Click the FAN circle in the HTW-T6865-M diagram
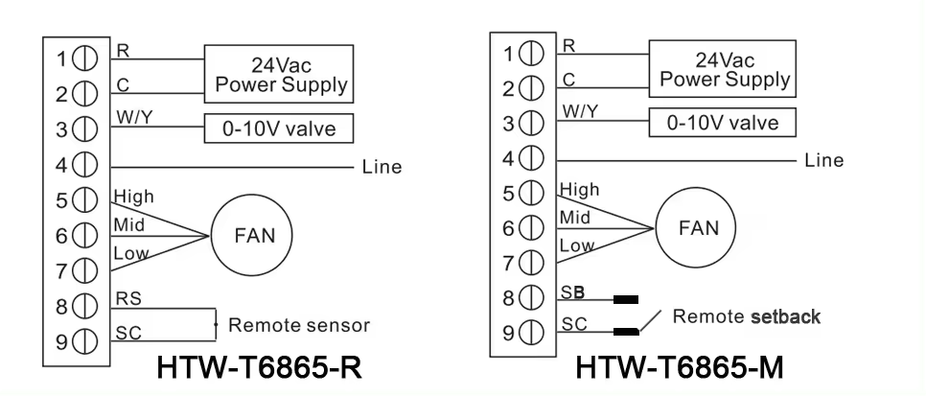tap(697, 229)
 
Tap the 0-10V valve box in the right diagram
tap(722, 122)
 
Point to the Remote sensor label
tap(298, 325)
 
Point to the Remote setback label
tap(746, 316)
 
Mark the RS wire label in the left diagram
tap(125, 299)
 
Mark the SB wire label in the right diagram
tap(572, 291)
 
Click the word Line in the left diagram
tap(382, 167)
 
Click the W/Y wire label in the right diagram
tap(581, 111)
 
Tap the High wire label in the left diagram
tap(133, 197)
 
